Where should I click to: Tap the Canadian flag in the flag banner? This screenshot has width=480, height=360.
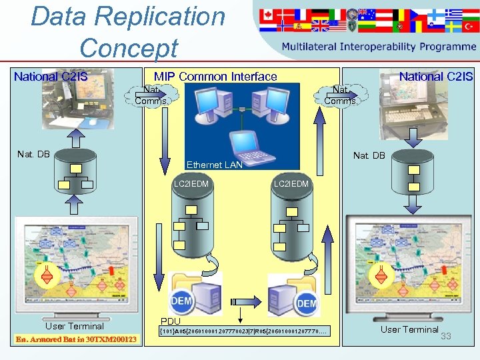[270, 14]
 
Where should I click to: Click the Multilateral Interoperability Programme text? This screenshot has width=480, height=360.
[378, 47]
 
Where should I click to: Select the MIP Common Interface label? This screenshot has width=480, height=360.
[215, 76]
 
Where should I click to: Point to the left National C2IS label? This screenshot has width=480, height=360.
[51, 76]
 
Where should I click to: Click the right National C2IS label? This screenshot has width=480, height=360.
[435, 76]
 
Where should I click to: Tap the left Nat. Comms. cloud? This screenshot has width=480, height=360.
[151, 95]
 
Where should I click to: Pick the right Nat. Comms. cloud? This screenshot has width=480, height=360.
[341, 95]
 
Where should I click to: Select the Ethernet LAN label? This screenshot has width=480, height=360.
[214, 165]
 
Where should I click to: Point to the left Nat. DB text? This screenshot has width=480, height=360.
[33, 155]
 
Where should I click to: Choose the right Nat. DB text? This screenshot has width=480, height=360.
[369, 155]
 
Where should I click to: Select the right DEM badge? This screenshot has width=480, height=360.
[306, 303]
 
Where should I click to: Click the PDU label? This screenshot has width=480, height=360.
[171, 321]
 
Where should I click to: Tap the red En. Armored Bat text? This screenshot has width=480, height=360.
[75, 340]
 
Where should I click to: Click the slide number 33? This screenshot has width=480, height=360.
[446, 336]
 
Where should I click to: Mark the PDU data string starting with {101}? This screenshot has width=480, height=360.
[243, 331]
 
